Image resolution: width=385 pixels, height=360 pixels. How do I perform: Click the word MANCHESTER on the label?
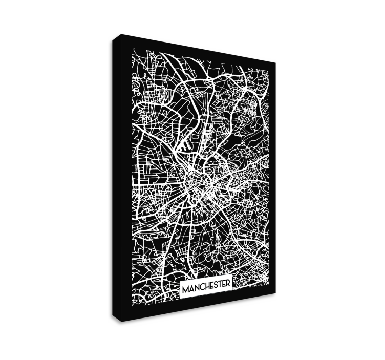tap(206, 290)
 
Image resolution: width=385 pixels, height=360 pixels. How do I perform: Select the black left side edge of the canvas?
tap(116, 179)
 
